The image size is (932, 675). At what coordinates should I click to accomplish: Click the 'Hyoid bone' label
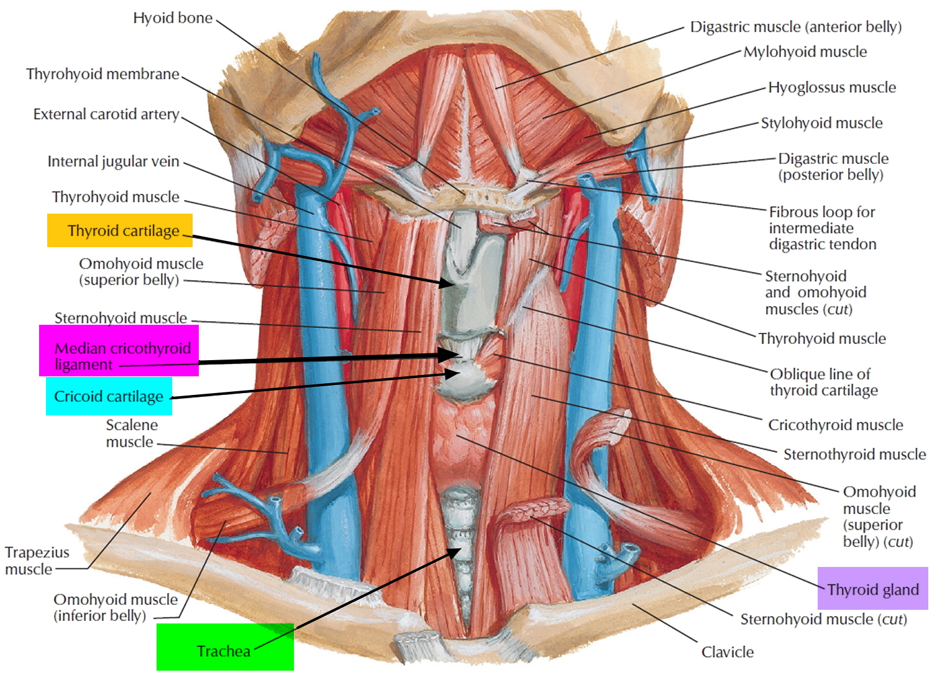pyautogui.click(x=173, y=18)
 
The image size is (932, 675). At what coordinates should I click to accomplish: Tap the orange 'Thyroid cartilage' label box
pyautogui.click(x=120, y=230)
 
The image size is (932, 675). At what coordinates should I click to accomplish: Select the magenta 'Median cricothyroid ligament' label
pyautogui.click(x=119, y=351)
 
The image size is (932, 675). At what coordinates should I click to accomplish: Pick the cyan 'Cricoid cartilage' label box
pyautogui.click(x=109, y=396)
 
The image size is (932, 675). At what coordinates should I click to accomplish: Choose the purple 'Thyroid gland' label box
pyautogui.click(x=872, y=589)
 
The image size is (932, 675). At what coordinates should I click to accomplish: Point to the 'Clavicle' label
pyautogui.click(x=727, y=652)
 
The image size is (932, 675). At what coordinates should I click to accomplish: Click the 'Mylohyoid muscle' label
pyautogui.click(x=805, y=52)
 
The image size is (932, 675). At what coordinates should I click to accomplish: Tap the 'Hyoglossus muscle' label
pyautogui.click(x=831, y=88)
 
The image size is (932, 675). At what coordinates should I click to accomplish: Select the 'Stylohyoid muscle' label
pyautogui.click(x=821, y=123)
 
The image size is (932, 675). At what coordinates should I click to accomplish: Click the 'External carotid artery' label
pyautogui.click(x=106, y=114)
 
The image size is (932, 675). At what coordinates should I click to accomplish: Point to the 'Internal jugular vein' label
pyautogui.click(x=113, y=161)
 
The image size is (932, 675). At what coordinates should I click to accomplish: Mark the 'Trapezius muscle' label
pyautogui.click(x=37, y=561)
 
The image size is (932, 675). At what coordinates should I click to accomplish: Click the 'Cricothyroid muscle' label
pyautogui.click(x=835, y=425)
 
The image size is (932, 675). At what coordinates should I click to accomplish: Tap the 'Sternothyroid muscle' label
pyautogui.click(x=854, y=455)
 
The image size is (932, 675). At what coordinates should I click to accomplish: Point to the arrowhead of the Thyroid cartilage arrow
pyautogui.click(x=450, y=284)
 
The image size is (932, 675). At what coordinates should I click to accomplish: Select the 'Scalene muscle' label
pyautogui.click(x=131, y=433)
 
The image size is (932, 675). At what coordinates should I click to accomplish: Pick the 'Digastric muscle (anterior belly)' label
pyautogui.click(x=795, y=27)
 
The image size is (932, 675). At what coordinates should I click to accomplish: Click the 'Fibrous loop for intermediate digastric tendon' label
pyautogui.click(x=822, y=228)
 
